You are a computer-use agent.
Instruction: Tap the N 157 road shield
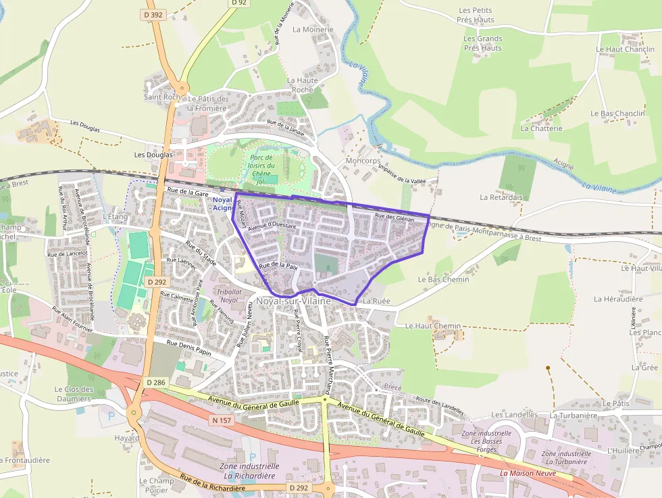coord(222,420)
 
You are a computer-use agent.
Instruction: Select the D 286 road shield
coord(155,382)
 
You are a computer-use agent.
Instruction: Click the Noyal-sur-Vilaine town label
coord(293,301)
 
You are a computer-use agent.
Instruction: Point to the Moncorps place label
coord(363,161)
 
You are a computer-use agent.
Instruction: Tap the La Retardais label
coord(501,197)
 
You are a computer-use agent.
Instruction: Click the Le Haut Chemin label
coord(433,326)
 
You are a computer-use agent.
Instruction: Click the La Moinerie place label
coord(313,30)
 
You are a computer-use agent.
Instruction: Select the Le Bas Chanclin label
coord(617,114)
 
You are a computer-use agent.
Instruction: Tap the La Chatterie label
coord(541,128)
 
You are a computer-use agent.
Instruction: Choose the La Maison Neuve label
coord(528,473)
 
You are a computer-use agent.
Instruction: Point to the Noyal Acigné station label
coord(222,203)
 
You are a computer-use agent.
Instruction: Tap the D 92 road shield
coord(238,3)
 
